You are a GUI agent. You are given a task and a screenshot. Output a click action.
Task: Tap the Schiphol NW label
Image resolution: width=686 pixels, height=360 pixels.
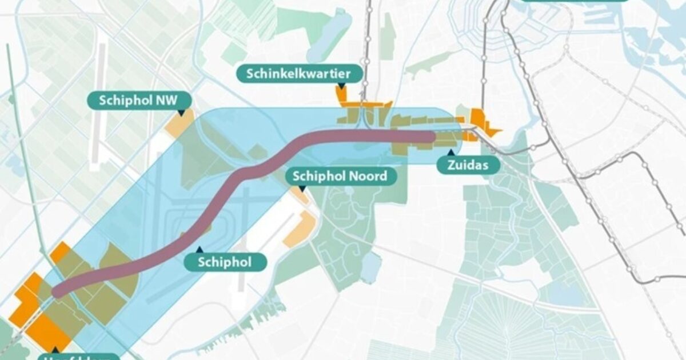[138, 101]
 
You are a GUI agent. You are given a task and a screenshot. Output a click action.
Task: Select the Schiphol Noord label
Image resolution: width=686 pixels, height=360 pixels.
[340, 176]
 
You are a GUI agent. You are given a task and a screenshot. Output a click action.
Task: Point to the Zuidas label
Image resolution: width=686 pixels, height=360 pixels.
[468, 166]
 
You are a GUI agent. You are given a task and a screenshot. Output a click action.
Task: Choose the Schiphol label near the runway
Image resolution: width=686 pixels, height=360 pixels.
[225, 262]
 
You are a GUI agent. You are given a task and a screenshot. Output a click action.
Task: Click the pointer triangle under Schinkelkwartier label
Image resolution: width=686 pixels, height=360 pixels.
[341, 85]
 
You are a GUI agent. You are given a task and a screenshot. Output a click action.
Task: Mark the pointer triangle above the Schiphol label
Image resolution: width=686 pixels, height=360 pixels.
[198, 249]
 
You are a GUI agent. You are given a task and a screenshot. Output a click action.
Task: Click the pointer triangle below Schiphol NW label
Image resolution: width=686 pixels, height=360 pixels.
[181, 113]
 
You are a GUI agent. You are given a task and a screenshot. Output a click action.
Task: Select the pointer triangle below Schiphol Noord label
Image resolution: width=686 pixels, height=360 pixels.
[300, 189]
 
